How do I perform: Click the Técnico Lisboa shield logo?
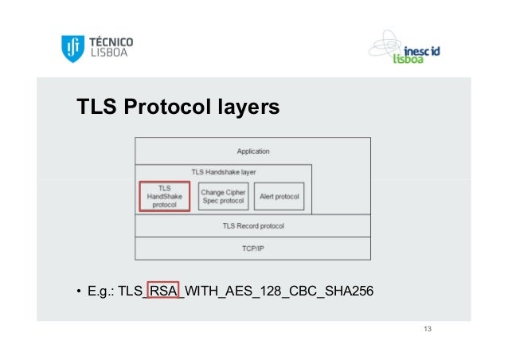[x=73, y=49]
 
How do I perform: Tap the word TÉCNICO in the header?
[x=111, y=41]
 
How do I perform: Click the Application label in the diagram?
[x=253, y=151]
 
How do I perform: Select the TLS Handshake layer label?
[x=223, y=171]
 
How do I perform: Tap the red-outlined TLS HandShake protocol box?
[x=165, y=196]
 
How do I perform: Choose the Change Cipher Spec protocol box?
[x=223, y=196]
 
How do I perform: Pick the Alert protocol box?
[x=279, y=196]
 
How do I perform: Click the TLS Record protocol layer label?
[x=253, y=226]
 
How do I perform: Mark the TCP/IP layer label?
[x=253, y=248]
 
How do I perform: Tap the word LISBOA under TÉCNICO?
[x=107, y=55]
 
